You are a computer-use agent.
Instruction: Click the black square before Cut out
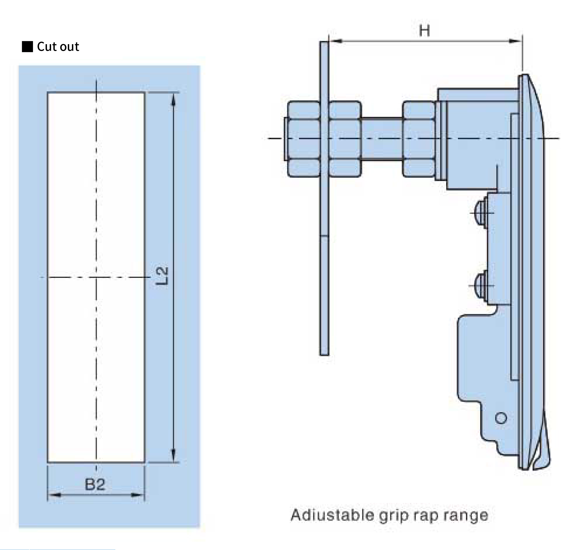click(x=27, y=47)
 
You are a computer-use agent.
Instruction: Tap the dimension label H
click(x=424, y=31)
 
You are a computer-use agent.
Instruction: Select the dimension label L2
click(x=162, y=276)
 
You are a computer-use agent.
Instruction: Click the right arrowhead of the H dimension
click(x=515, y=41)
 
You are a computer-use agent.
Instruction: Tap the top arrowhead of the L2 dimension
click(x=173, y=100)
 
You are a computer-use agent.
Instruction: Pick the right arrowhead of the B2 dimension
click(x=137, y=495)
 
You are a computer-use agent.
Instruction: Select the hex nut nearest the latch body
click(x=418, y=139)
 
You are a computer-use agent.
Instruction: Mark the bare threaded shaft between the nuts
click(x=381, y=139)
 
